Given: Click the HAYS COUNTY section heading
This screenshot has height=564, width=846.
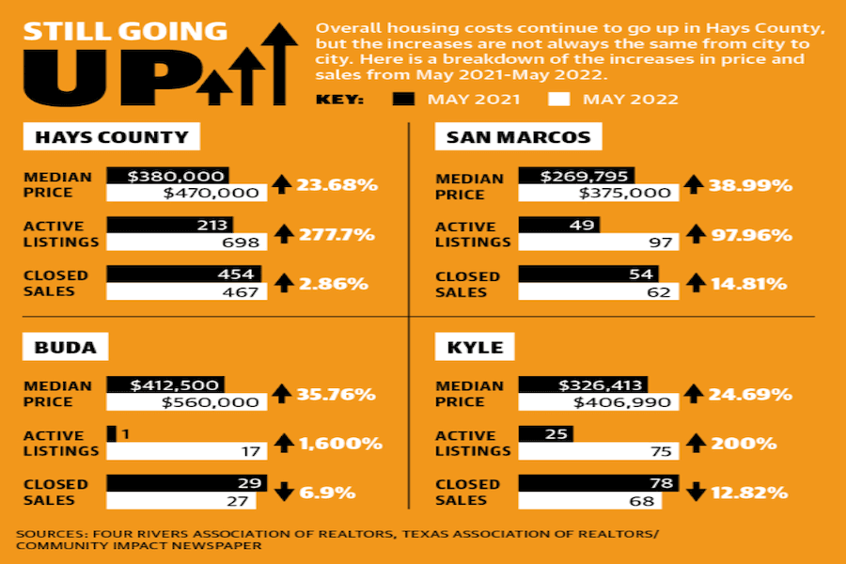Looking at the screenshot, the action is tap(112, 137).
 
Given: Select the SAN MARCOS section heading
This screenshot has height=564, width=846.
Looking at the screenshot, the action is tap(519, 137).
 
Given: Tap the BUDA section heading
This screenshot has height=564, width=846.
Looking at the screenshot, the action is tap(65, 347).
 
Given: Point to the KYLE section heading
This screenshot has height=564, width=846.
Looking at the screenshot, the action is tap(475, 347).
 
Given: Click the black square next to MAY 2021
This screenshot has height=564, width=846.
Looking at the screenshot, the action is tap(403, 99).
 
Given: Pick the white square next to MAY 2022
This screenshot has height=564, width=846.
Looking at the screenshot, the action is tap(559, 99).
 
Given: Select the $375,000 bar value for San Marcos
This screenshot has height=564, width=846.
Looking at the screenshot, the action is tap(625, 193).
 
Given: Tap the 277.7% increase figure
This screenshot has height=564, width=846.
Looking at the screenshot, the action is tap(337, 234).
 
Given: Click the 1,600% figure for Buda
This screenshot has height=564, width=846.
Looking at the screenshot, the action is tap(340, 443).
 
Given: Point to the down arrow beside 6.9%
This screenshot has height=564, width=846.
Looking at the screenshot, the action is tap(284, 492).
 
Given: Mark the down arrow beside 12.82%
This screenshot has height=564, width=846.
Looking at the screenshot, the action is tap(696, 492).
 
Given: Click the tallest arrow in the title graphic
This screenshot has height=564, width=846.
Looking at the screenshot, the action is tap(279, 64).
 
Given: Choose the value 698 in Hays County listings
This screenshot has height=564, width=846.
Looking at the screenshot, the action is tap(241, 243).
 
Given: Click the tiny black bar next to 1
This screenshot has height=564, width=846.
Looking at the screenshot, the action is tap(112, 434).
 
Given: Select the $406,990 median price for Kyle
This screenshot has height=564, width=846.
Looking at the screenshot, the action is tap(622, 402).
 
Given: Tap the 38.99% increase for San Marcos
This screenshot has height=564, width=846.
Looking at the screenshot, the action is tap(750, 186).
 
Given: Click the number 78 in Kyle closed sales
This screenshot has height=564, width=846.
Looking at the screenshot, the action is tap(662, 483).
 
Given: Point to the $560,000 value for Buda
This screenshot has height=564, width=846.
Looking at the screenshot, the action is tap(211, 402).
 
